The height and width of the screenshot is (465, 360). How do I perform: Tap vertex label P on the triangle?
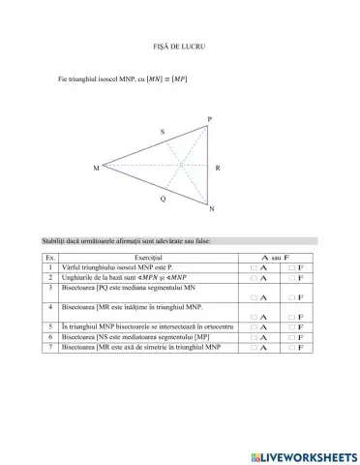[208, 119]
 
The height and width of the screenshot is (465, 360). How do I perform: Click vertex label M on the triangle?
[96, 168]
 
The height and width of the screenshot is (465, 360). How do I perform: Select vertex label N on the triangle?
[212, 209]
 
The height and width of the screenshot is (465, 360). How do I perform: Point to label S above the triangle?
[162, 132]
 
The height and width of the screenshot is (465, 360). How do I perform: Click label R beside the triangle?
[218, 168]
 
